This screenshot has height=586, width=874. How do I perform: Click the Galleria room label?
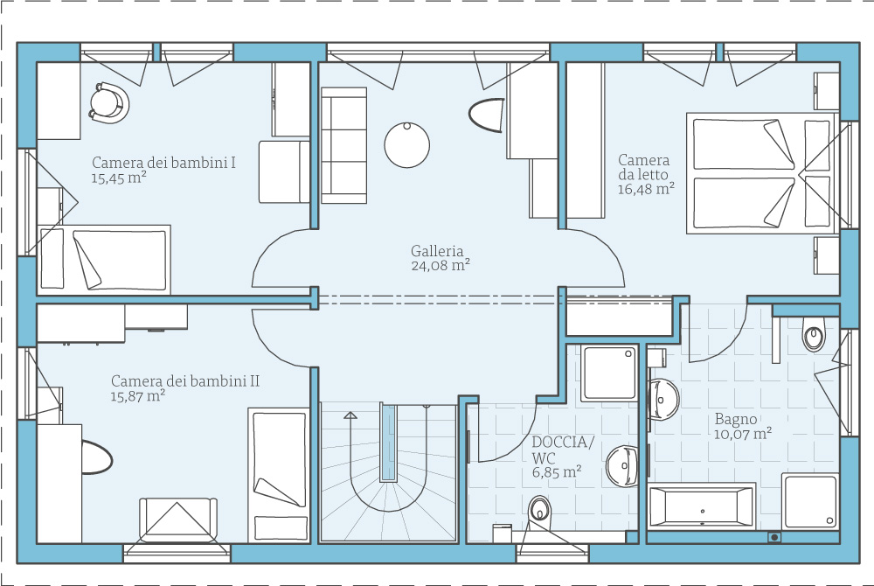tap(437, 251)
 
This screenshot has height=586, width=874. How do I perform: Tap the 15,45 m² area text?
tap(119, 178)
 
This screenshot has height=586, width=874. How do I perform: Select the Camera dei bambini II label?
tap(185, 380)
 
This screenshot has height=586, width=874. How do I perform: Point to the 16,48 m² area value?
tap(646, 188)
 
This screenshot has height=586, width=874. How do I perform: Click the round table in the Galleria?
tap(407, 145)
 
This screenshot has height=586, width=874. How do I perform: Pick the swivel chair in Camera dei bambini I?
tap(108, 102)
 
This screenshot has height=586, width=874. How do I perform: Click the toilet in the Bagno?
tap(813, 334)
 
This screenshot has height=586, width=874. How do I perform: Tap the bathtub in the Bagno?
tap(703, 506)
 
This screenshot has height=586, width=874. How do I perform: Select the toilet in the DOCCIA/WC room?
tap(539, 512)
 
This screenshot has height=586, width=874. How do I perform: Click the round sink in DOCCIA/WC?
tap(621, 466)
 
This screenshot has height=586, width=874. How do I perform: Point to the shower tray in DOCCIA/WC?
tap(609, 373)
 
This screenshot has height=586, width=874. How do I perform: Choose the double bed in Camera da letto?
tap(762, 174)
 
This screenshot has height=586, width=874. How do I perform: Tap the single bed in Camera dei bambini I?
tap(104, 260)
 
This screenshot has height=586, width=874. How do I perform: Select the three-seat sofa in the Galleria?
tap(343, 145)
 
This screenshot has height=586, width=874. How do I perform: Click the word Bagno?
tap(736, 419)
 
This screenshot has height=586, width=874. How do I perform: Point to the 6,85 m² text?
tap(557, 472)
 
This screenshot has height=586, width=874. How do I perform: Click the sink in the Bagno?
tap(663, 399)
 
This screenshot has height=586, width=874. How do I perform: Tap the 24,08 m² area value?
tap(440, 265)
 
